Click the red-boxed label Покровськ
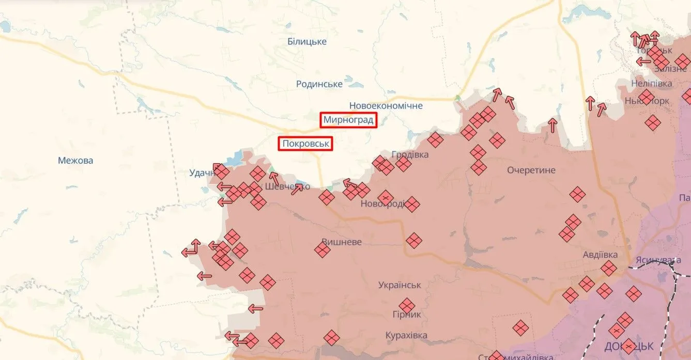[x=305, y=143]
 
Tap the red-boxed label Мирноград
[x=348, y=120]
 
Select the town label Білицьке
[x=307, y=41]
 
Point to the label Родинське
[x=319, y=84]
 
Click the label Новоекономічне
[x=386, y=105]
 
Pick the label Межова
[x=75, y=160]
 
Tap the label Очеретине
[x=531, y=170]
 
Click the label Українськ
[x=400, y=285]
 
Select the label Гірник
[x=407, y=314]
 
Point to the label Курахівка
[x=406, y=335]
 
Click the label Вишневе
[x=342, y=242]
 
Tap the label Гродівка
[x=410, y=154]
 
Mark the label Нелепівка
[x=651, y=83]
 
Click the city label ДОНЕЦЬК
[x=628, y=346]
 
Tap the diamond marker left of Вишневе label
[x=323, y=251]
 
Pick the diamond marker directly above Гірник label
[x=407, y=305]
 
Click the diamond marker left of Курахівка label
[x=332, y=338]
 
